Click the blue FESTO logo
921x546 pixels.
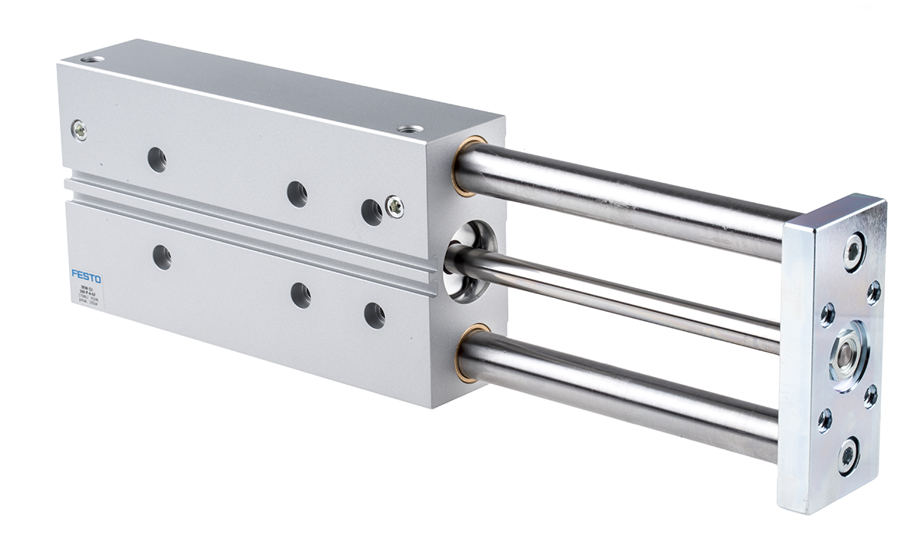click(x=86, y=275)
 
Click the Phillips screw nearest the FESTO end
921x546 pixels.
click(x=78, y=131)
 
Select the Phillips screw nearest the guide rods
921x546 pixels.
click(x=394, y=207)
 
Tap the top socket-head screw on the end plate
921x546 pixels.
click(x=853, y=250)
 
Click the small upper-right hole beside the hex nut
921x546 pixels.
click(x=873, y=292)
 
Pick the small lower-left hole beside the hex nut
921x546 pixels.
click(x=825, y=419)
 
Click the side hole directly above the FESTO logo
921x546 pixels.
click(x=162, y=257)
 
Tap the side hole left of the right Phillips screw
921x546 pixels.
click(x=371, y=212)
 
